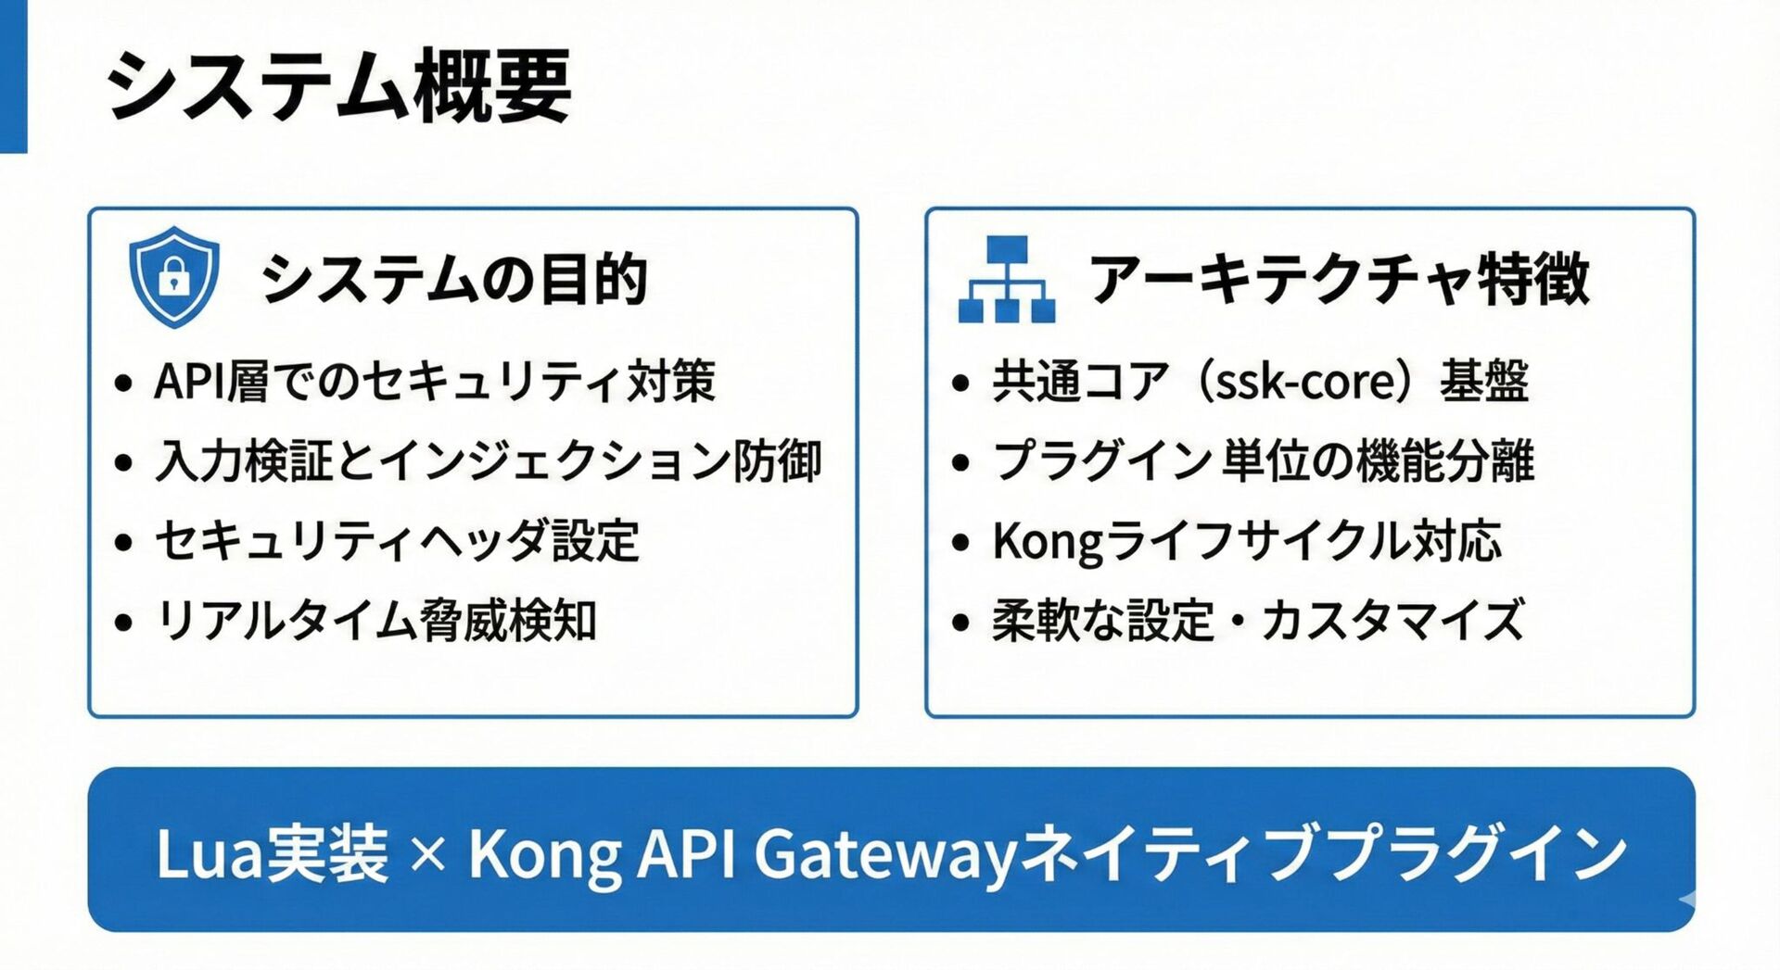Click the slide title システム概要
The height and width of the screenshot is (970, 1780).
[338, 87]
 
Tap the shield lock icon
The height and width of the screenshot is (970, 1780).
[173, 276]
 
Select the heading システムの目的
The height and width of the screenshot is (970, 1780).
[453, 278]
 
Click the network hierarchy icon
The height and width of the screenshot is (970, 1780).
[1006, 280]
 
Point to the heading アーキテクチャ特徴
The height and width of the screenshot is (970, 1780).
[1340, 278]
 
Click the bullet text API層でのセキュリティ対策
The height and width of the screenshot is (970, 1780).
[435, 381]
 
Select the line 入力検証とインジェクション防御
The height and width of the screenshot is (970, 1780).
[488, 460]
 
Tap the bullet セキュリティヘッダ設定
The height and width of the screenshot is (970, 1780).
[397, 540]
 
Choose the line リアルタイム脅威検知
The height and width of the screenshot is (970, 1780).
[375, 620]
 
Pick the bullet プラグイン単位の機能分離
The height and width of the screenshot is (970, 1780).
[1263, 460]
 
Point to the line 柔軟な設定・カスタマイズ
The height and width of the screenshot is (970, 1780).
[1257, 620]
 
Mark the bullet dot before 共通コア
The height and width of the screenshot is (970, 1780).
[960, 383]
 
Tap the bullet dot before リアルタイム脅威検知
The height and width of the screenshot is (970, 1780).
[123, 622]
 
